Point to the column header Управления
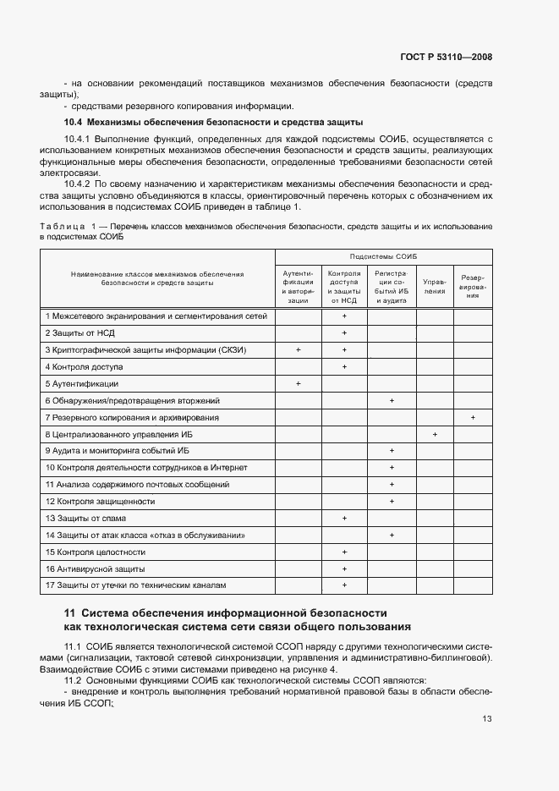pos(435,285)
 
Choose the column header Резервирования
pos(473,285)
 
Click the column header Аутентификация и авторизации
pos(298,286)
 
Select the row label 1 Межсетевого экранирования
pos(156,316)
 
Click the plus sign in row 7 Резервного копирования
pos(473,417)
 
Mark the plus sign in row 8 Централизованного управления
pos(435,434)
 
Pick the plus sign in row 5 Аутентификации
pos(299,383)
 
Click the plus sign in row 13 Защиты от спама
pos(344,518)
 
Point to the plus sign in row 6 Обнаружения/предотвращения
pos(392,400)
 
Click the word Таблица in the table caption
pos(61,227)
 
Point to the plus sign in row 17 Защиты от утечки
pos(344,585)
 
